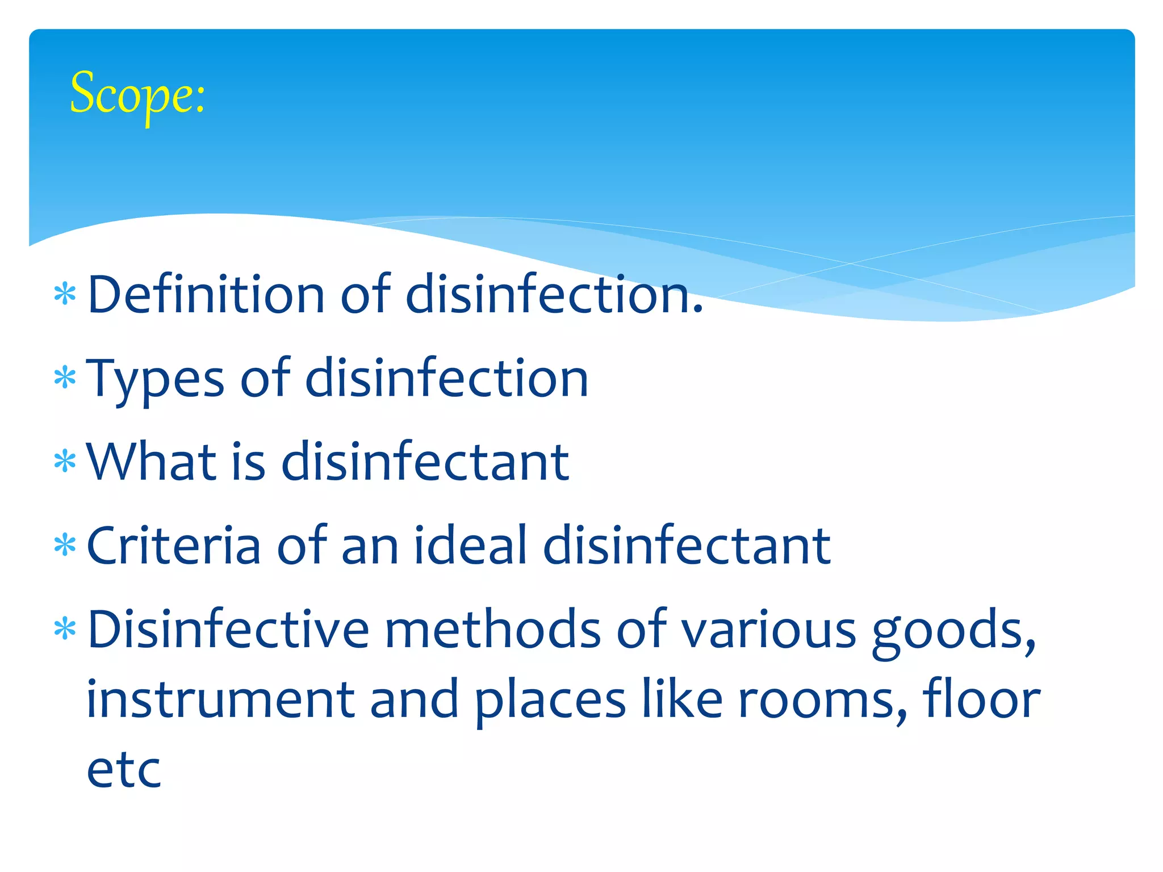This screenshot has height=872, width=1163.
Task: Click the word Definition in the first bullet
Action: [206, 294]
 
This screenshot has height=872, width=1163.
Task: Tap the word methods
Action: [492, 629]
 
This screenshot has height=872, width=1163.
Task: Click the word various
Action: [769, 629]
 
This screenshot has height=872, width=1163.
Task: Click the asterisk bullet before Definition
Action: [65, 295]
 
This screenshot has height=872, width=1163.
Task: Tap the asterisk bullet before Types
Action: [65, 378]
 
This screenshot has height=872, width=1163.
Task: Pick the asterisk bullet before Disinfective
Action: [65, 629]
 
